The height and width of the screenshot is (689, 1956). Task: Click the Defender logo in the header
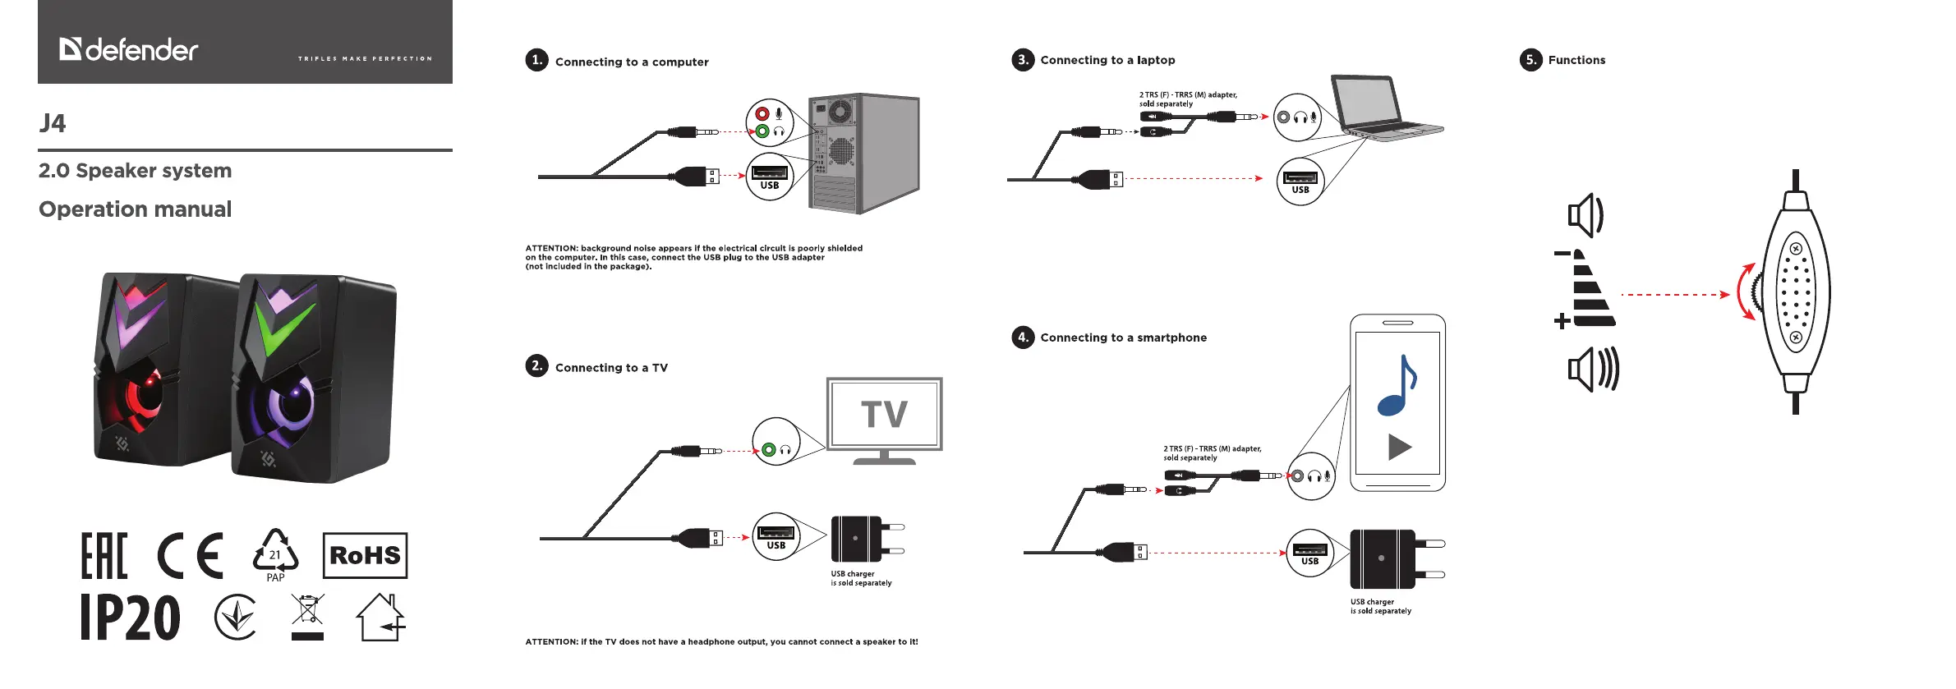[129, 49]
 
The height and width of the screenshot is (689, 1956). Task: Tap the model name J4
[53, 123]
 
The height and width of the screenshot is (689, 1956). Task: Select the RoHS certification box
[365, 555]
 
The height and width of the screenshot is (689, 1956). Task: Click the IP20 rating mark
[131, 618]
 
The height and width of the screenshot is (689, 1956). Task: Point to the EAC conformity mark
[104, 556]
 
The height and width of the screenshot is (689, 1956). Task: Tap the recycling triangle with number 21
[275, 553]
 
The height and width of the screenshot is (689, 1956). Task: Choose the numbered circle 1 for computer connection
[536, 60]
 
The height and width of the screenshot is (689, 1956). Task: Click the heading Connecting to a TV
[611, 368]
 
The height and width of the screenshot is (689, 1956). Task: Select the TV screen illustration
[884, 414]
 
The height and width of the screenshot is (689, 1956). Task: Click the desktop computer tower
[864, 153]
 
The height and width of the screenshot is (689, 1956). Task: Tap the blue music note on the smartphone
[1397, 384]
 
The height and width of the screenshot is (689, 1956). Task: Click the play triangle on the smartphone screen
[1399, 447]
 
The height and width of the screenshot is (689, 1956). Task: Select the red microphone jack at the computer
[762, 114]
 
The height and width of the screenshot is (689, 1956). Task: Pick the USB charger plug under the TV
[867, 539]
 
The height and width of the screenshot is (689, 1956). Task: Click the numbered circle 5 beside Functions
[1530, 59]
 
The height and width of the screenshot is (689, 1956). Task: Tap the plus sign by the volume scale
[1562, 321]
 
